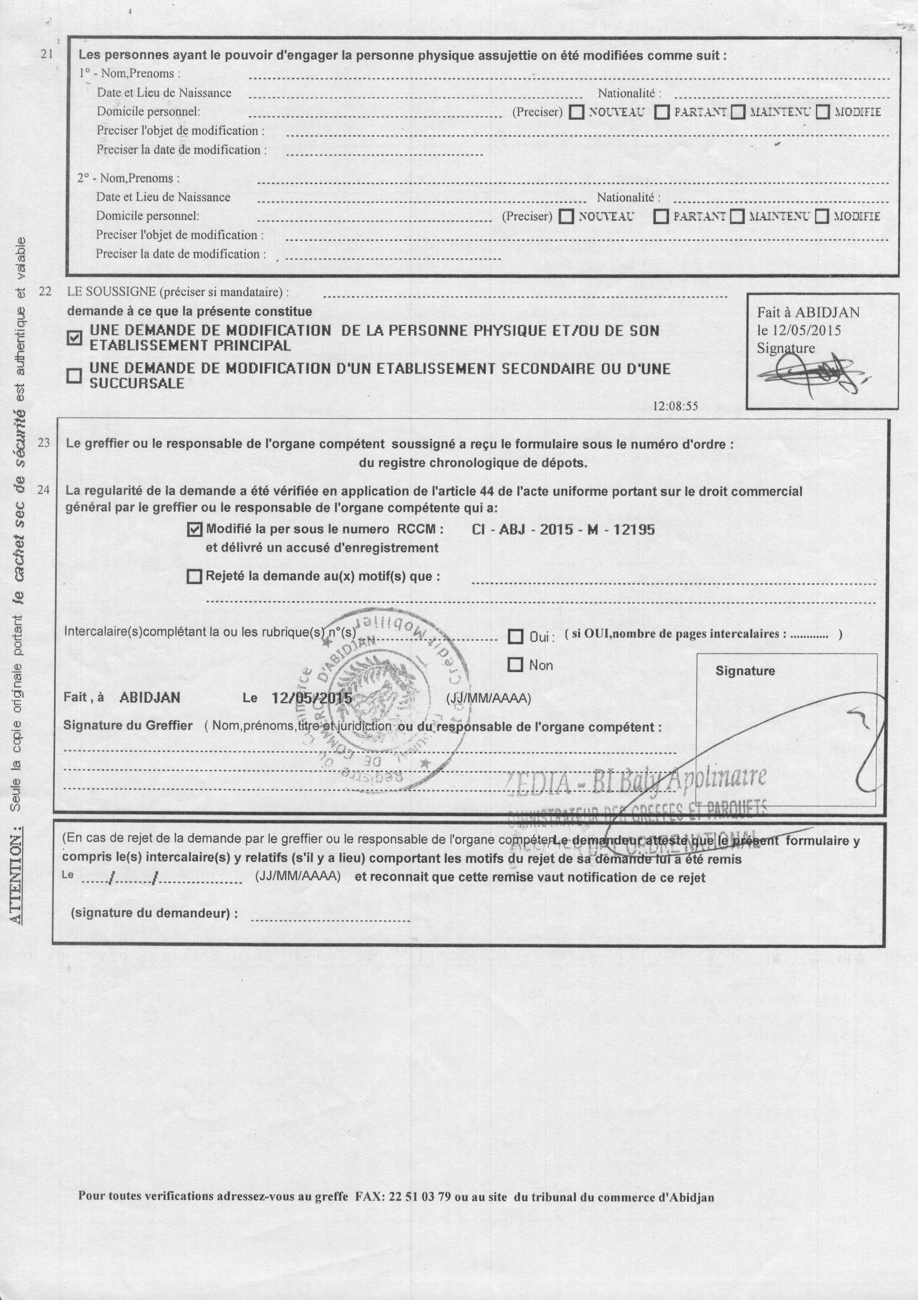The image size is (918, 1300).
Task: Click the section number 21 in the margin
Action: pyautogui.click(x=47, y=54)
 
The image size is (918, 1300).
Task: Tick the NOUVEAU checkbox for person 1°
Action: pyautogui.click(x=577, y=112)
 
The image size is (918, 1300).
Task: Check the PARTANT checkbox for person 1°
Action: pyautogui.click(x=662, y=112)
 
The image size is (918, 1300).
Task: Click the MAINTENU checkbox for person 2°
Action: pyautogui.click(x=737, y=216)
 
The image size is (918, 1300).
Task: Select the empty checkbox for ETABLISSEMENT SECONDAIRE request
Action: pyautogui.click(x=74, y=376)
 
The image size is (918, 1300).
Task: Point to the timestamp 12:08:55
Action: pyautogui.click(x=675, y=406)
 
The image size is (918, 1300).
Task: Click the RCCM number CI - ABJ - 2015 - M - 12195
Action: pyautogui.click(x=563, y=529)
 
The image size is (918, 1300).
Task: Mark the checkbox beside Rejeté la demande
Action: pyautogui.click(x=194, y=577)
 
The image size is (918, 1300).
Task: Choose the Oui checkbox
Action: pyautogui.click(x=515, y=637)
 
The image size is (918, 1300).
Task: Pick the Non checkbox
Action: pyautogui.click(x=515, y=665)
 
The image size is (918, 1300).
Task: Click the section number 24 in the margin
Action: pyautogui.click(x=44, y=490)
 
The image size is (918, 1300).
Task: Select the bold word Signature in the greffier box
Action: pyautogui.click(x=745, y=671)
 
